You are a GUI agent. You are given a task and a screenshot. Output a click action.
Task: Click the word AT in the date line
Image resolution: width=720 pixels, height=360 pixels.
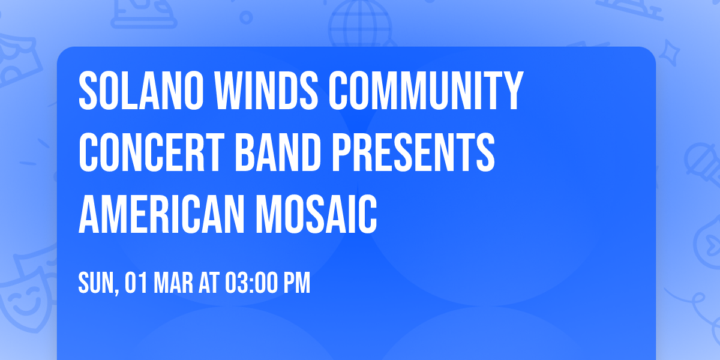point(209,283)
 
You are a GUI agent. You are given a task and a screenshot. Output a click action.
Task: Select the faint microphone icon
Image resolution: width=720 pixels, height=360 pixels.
point(699,159)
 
